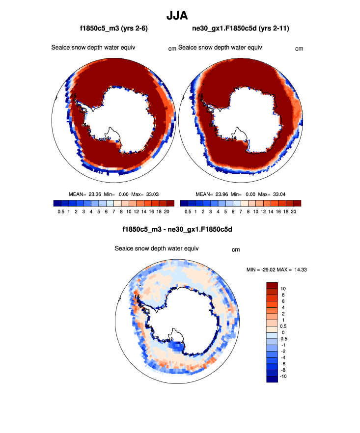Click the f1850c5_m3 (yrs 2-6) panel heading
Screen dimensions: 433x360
[x=114, y=29]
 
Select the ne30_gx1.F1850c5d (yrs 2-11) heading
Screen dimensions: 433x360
[x=241, y=29]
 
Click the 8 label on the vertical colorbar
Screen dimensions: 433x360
[x=283, y=295]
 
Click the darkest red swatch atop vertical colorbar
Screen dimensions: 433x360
[x=272, y=285]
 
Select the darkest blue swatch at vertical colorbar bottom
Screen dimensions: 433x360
[x=272, y=379]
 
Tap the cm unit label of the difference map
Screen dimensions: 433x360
[x=236, y=250]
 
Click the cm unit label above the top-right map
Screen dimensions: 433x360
[x=299, y=49]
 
